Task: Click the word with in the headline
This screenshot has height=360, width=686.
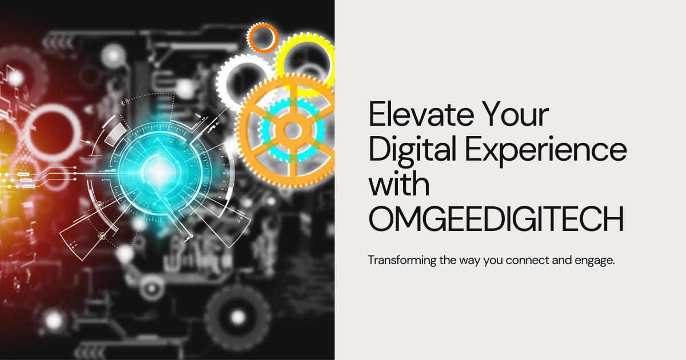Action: [x=399, y=186]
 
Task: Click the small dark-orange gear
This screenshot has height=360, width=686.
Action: [x=262, y=37]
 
